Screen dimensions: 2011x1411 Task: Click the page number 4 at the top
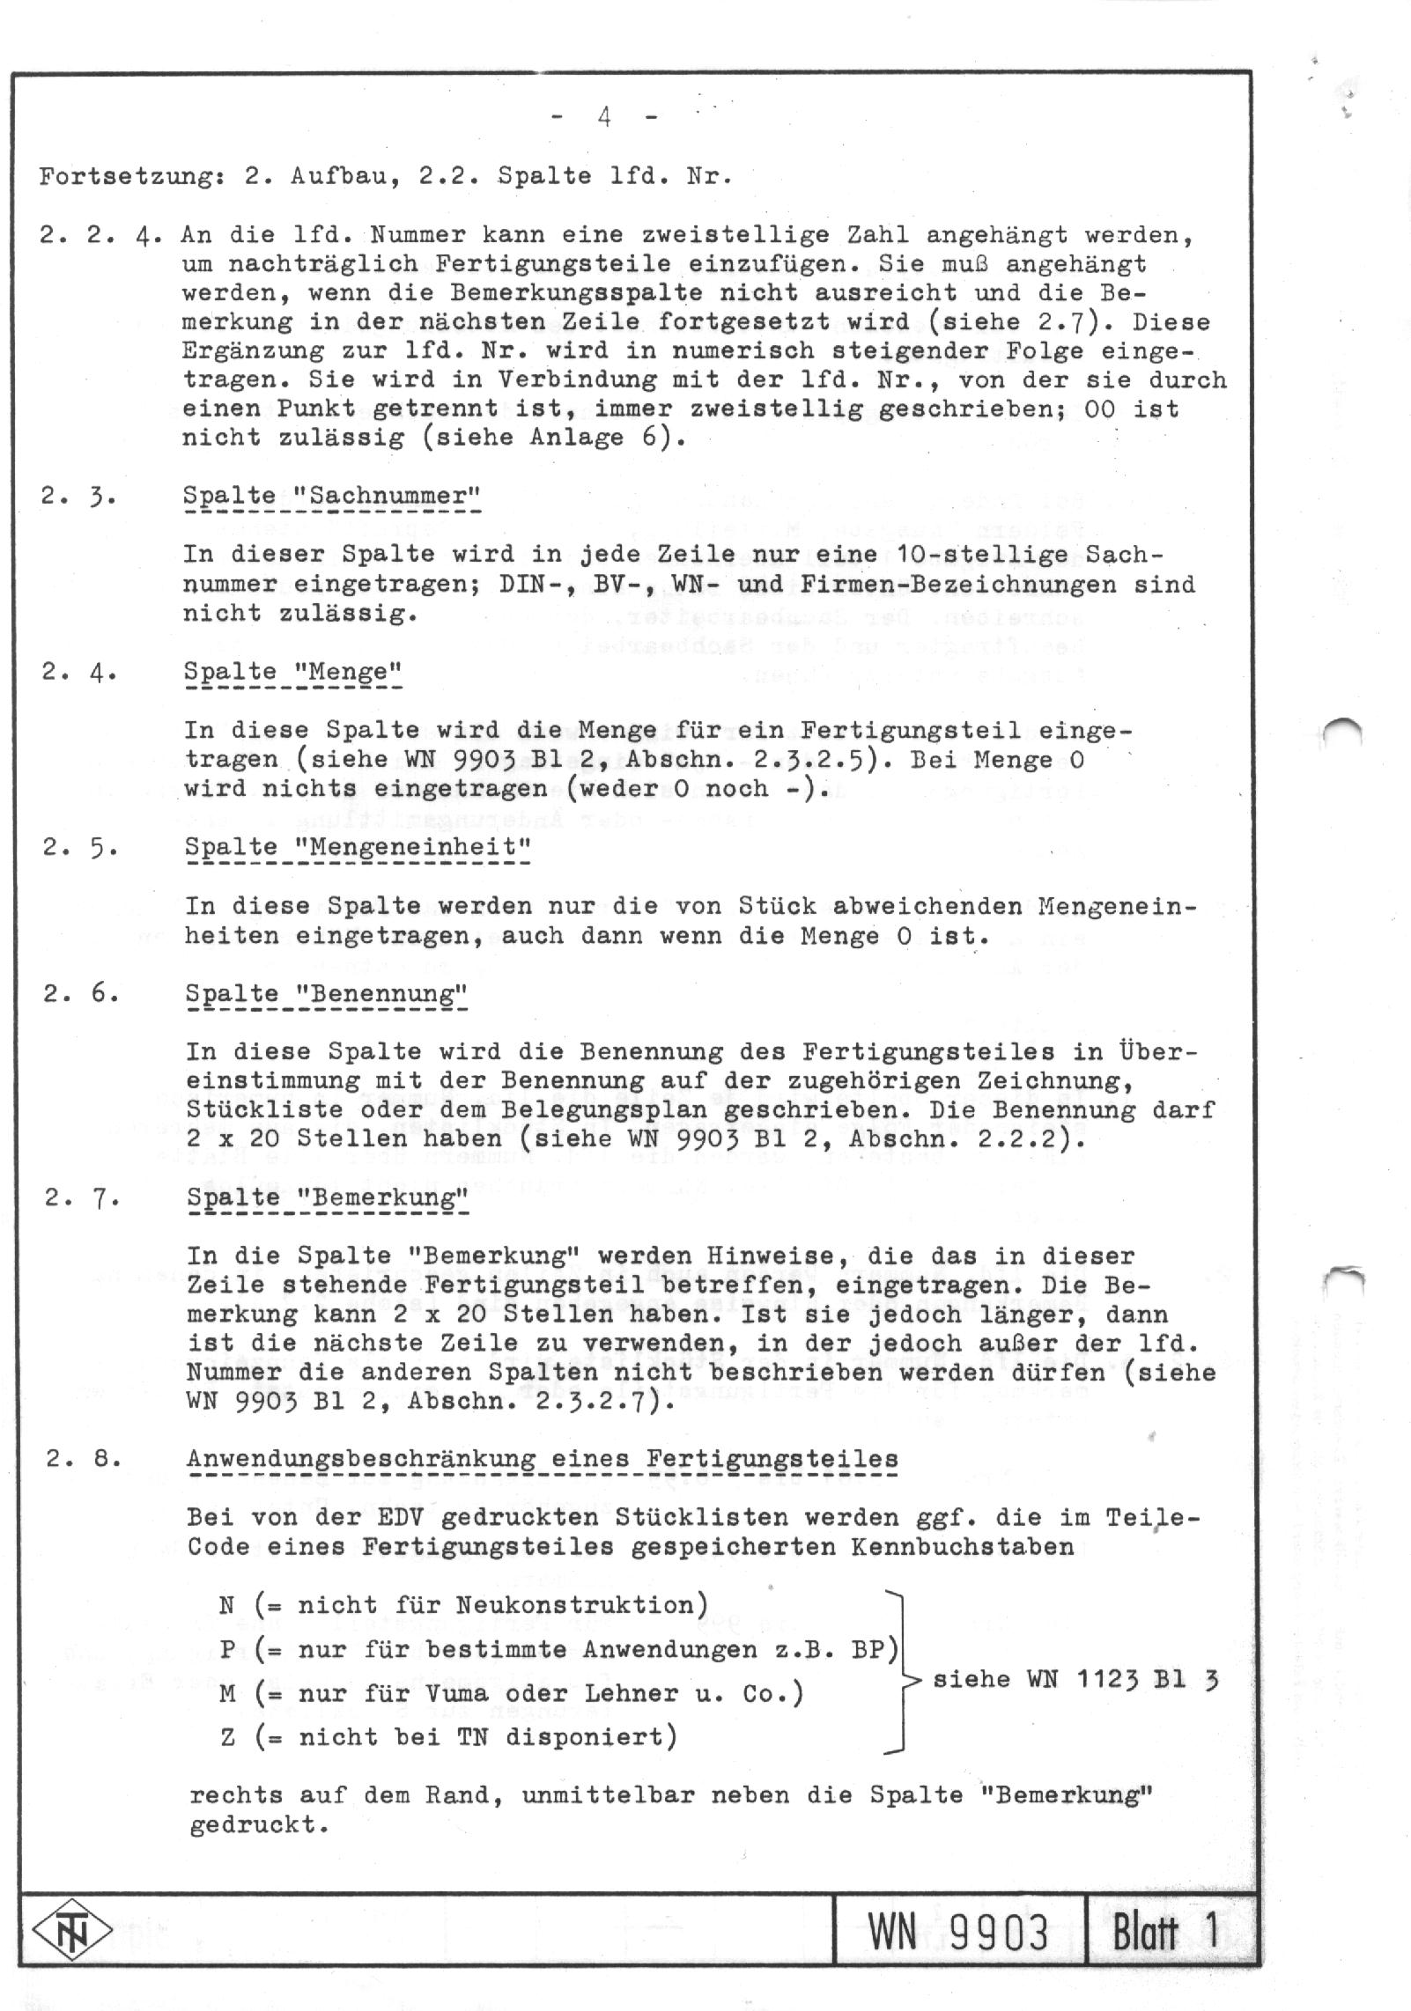click(605, 117)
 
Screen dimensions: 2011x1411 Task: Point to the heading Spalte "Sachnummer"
click(332, 496)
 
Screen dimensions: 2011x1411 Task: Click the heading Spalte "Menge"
click(292, 672)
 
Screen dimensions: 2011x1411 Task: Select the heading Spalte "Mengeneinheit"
click(358, 847)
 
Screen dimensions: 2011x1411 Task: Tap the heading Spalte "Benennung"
click(326, 994)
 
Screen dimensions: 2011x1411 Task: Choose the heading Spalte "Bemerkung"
click(327, 1198)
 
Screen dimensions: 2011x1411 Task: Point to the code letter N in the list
click(227, 1605)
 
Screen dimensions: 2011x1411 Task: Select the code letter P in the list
click(227, 1649)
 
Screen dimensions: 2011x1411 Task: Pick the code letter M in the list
click(227, 1693)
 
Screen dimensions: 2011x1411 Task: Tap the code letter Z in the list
click(227, 1737)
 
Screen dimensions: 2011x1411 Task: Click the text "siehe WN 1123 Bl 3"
click(1075, 1679)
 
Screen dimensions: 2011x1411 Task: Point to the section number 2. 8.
click(83, 1458)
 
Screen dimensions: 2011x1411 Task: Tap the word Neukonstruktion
click(574, 1605)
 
